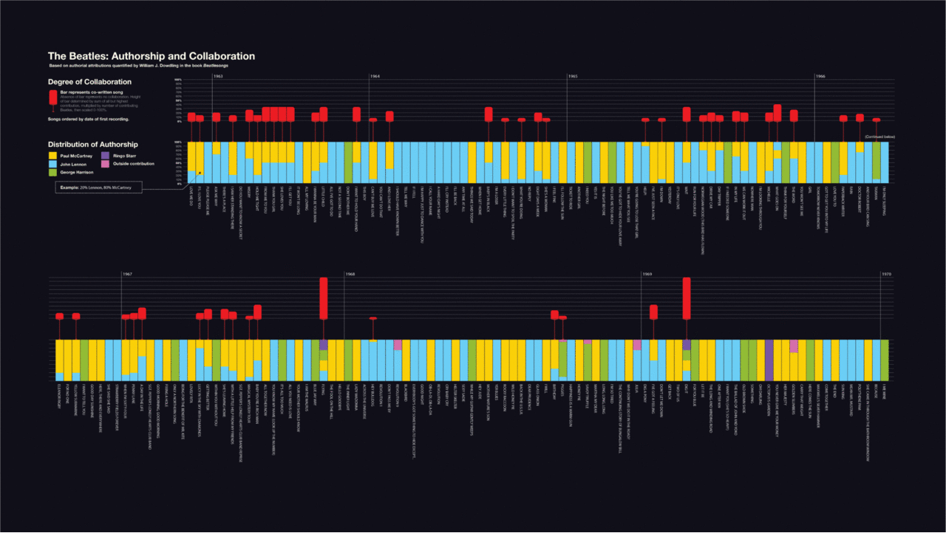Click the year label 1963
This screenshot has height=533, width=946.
[219, 76]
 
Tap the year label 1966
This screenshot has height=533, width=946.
[820, 76]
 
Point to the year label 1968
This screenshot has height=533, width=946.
[350, 274]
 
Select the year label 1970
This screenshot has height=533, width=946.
[885, 274]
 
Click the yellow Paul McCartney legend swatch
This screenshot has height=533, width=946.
[52, 156]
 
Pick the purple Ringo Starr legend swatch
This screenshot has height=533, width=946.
[105, 156]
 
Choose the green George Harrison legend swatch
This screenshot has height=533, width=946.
[52, 172]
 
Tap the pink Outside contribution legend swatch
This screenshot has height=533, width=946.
[105, 163]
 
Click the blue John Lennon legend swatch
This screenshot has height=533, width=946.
[52, 163]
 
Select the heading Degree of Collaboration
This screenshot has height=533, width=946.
[89, 82]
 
